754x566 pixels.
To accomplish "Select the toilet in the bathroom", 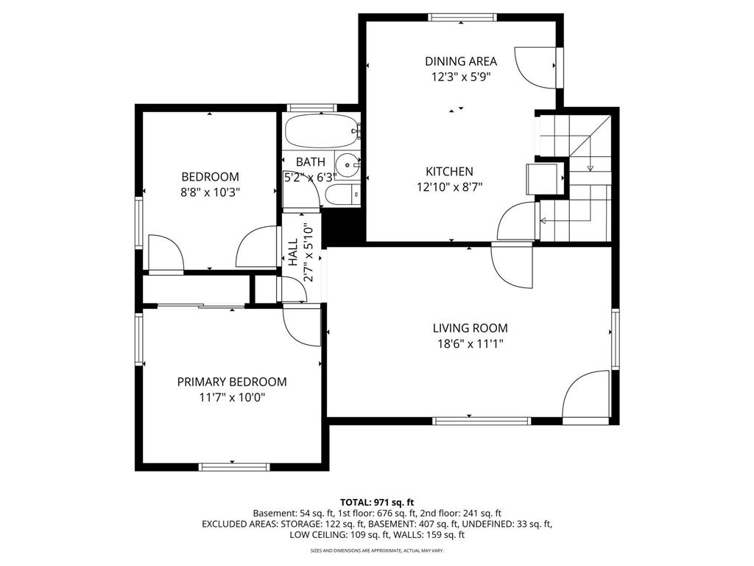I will click(x=341, y=195).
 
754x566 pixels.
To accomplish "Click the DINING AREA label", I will click(x=460, y=61).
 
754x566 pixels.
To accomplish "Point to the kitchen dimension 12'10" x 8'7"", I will click(x=449, y=187).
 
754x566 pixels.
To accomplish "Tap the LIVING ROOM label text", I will click(x=470, y=328).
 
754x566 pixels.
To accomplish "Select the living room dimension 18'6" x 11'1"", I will click(x=470, y=343).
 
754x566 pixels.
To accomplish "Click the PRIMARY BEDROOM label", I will click(x=231, y=382).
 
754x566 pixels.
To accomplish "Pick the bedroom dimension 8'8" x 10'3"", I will click(x=211, y=192).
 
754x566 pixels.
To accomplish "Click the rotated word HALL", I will click(x=293, y=253).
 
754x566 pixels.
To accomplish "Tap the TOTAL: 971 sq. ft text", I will click(x=376, y=501).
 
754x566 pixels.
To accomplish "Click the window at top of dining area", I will click(x=462, y=17).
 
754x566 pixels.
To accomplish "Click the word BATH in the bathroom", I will click(x=310, y=161).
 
